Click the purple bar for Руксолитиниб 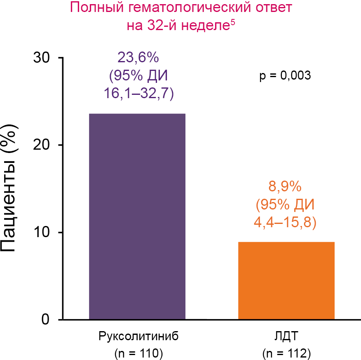click(x=137, y=216)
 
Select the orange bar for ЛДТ click(x=286, y=280)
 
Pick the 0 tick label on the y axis click(x=45, y=320)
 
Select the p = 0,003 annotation click(x=285, y=76)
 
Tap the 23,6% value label click(x=138, y=58)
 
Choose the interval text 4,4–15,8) click(x=285, y=223)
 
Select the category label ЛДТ click(x=286, y=336)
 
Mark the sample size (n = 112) click(x=286, y=353)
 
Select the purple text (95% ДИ click(x=138, y=76)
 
